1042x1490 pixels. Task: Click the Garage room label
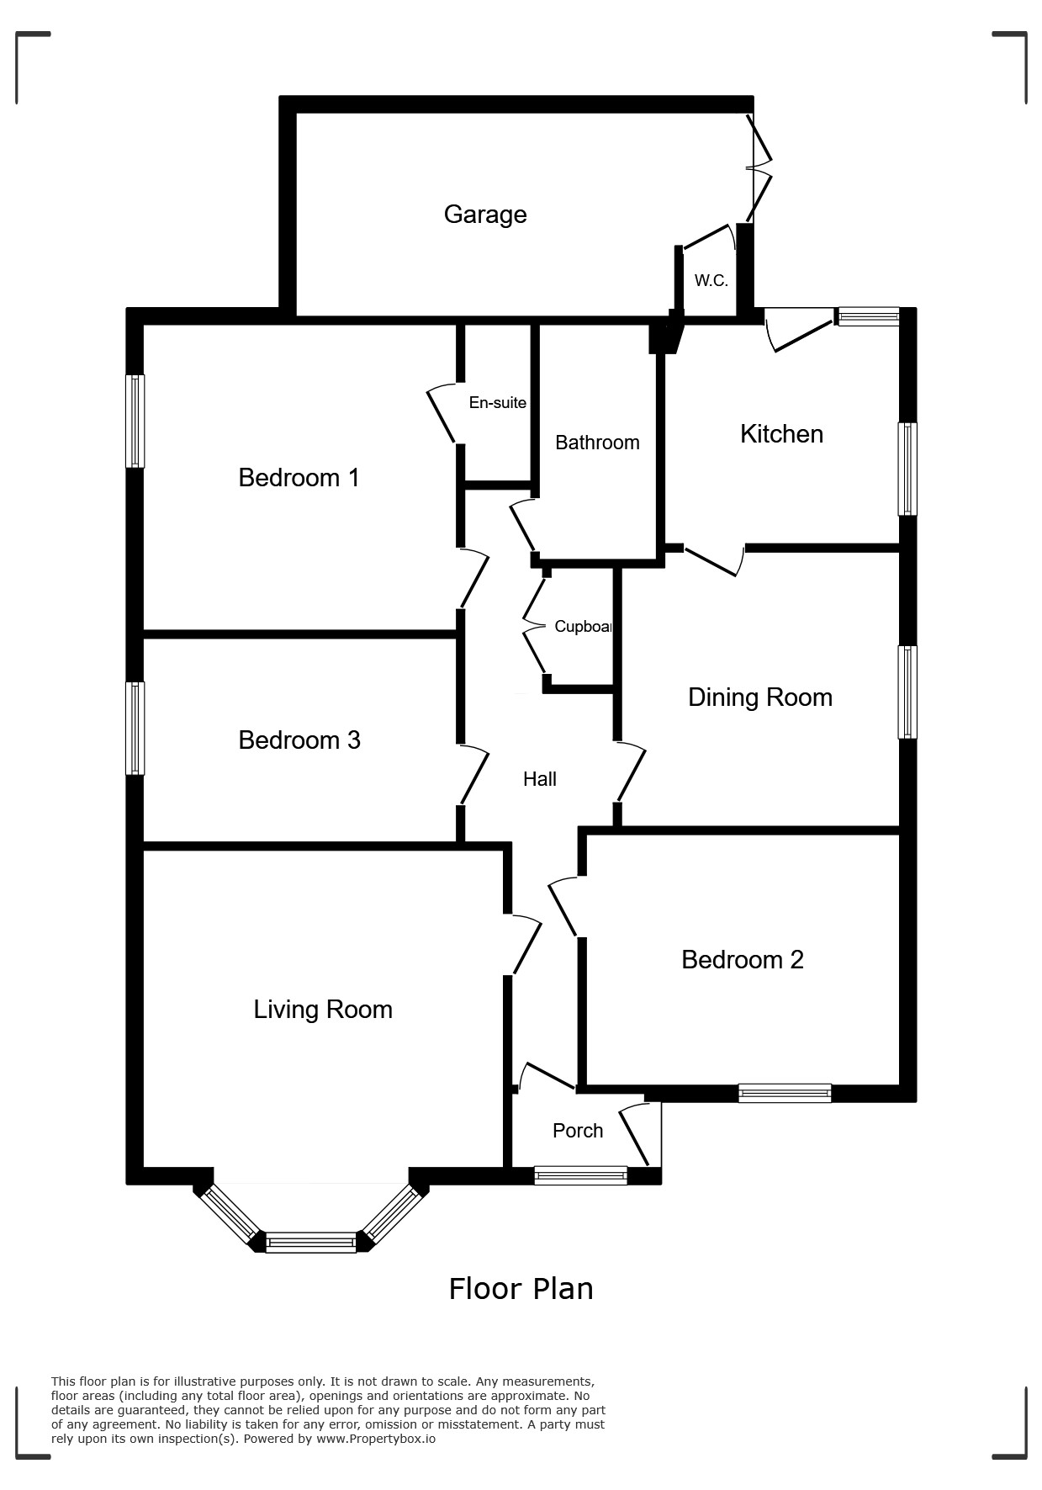click(x=485, y=215)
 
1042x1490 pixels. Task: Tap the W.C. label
click(x=711, y=281)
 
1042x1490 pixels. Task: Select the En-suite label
click(x=497, y=403)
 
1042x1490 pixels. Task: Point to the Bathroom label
click(x=597, y=443)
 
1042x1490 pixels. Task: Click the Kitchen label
click(x=781, y=434)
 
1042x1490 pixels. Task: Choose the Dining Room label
click(x=760, y=697)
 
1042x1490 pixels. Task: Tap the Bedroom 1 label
click(x=299, y=478)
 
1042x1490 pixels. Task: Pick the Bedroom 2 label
click(x=743, y=960)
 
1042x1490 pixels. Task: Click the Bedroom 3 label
click(x=299, y=740)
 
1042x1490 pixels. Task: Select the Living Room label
click(x=323, y=1010)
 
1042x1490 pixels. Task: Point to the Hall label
click(x=540, y=779)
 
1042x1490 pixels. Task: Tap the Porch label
click(x=578, y=1131)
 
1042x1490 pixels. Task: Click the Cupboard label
click(x=583, y=627)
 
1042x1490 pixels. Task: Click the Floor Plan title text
click(x=521, y=1289)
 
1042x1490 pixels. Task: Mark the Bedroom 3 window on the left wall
click(x=135, y=728)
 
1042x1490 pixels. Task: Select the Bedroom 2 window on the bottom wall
click(x=785, y=1094)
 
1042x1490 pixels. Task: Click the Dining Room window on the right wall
click(x=907, y=692)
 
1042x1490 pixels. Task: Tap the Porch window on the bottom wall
click(x=580, y=1175)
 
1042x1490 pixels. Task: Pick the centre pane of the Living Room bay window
click(x=311, y=1243)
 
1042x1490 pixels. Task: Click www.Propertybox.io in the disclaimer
click(x=376, y=1439)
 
